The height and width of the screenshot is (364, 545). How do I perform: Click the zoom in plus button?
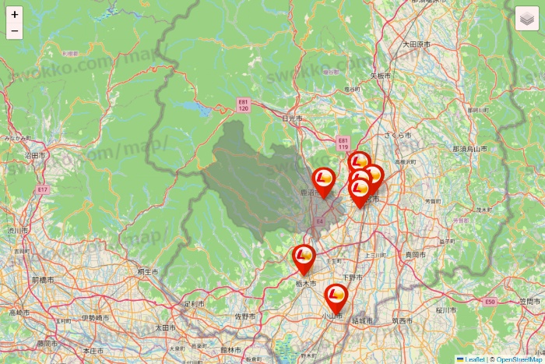(15, 15)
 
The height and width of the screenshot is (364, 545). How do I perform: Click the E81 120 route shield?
(244, 106)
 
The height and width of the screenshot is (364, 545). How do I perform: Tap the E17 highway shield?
(41, 189)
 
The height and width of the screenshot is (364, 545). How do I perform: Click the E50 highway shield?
(489, 301)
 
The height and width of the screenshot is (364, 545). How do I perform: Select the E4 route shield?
(319, 222)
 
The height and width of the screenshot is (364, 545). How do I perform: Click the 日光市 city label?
(291, 118)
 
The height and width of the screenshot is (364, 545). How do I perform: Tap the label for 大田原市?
(416, 45)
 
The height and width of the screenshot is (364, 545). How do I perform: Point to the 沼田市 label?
(32, 156)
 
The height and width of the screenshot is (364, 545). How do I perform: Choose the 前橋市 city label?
(41, 279)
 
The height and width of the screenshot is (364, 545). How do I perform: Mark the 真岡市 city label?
(415, 255)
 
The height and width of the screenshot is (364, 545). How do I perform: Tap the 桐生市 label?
(147, 272)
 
